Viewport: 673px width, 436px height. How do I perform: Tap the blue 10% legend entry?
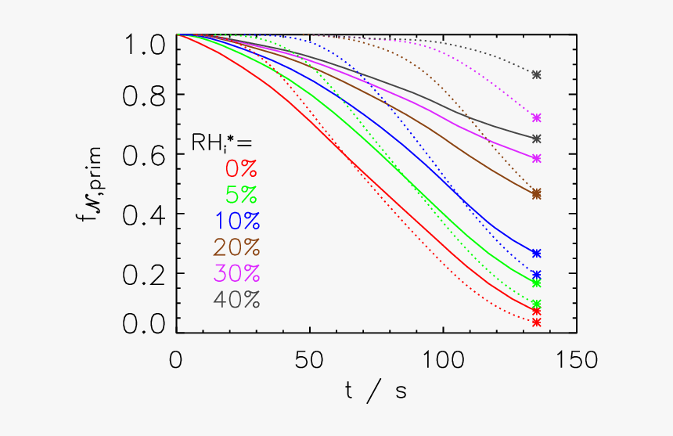(236, 221)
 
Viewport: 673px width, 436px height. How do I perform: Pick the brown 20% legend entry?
(236, 247)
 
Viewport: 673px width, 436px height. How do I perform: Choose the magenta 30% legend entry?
(236, 273)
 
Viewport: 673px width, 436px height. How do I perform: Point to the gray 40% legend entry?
(236, 300)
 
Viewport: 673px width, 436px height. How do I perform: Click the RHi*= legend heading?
(222, 142)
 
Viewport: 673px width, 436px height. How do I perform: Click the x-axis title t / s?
(376, 391)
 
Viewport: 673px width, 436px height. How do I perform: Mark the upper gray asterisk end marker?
(536, 74)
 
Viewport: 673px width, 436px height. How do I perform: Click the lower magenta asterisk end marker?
(536, 158)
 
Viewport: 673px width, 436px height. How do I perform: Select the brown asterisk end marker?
(536, 193)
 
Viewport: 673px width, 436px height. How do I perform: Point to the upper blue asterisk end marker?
(536, 253)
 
